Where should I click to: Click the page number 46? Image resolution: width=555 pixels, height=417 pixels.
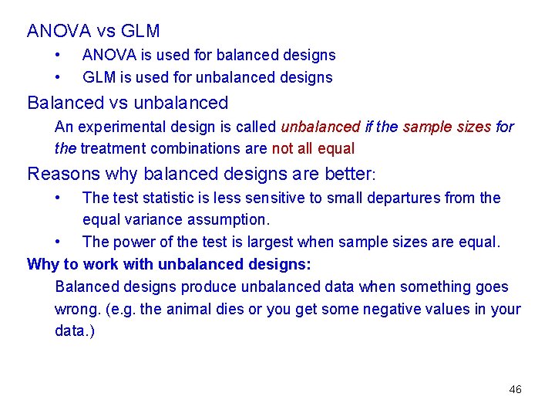[515, 389]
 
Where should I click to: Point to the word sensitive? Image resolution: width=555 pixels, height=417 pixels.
[275, 198]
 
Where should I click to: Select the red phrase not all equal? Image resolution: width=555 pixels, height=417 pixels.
[313, 147]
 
